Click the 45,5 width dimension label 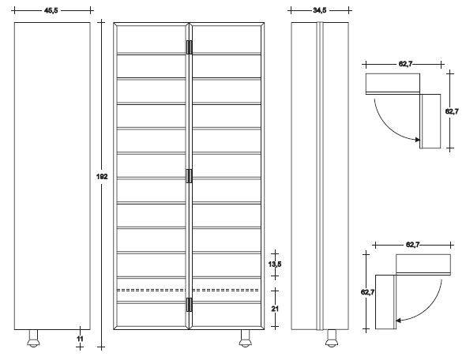(51, 11)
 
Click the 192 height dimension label (102, 177)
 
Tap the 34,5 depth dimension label (319, 10)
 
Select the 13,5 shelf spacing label (275, 264)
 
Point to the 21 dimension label (275, 309)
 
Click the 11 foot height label (80, 339)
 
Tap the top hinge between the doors (189, 47)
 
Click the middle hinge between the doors (189, 176)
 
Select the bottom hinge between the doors (189, 305)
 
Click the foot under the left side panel (34, 339)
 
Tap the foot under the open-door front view (246, 339)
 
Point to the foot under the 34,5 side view (332, 339)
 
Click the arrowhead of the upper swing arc (418, 139)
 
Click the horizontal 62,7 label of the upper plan (405, 64)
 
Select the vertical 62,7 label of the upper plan (452, 111)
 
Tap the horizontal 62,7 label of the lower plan (412, 245)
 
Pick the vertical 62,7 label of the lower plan (367, 292)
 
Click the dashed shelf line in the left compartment (152, 290)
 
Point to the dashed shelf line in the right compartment (226, 290)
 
